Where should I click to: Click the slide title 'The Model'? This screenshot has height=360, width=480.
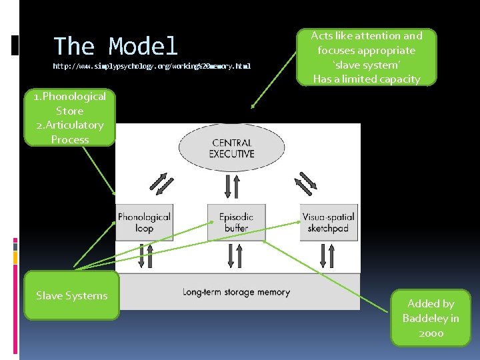[x=115, y=46]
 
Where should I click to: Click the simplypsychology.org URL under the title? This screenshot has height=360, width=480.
[x=152, y=67]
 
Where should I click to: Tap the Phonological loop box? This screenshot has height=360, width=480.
[x=144, y=223]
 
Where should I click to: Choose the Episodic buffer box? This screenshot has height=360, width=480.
[x=236, y=223]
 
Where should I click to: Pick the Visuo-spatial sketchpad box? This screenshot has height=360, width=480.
[x=329, y=223]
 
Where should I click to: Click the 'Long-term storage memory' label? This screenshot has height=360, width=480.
[x=237, y=292]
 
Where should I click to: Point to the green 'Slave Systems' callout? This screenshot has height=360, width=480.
[x=72, y=295]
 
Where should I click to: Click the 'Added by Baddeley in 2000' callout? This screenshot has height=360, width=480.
[x=431, y=318]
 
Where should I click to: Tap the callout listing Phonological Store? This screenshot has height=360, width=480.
[x=70, y=117]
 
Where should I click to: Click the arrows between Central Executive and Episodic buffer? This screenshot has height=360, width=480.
[x=233, y=185]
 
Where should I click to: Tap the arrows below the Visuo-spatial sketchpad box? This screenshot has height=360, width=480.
[x=328, y=255]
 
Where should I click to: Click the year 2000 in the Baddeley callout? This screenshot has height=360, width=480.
[x=431, y=333]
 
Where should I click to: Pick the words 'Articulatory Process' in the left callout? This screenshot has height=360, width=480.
[x=70, y=132]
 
